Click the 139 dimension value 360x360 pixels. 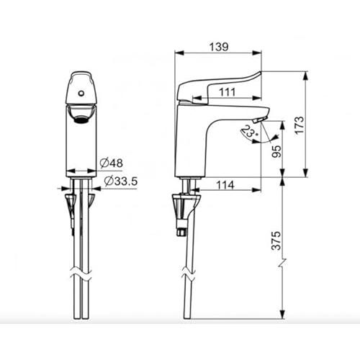(219, 47)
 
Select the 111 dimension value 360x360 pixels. (228, 92)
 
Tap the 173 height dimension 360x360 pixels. (300, 125)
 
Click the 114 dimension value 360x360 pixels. (225, 185)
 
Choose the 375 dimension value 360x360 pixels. (276, 240)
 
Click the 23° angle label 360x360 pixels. (250, 132)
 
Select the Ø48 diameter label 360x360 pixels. (112, 163)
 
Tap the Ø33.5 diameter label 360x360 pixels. (121, 181)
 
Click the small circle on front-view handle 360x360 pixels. (81, 94)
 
